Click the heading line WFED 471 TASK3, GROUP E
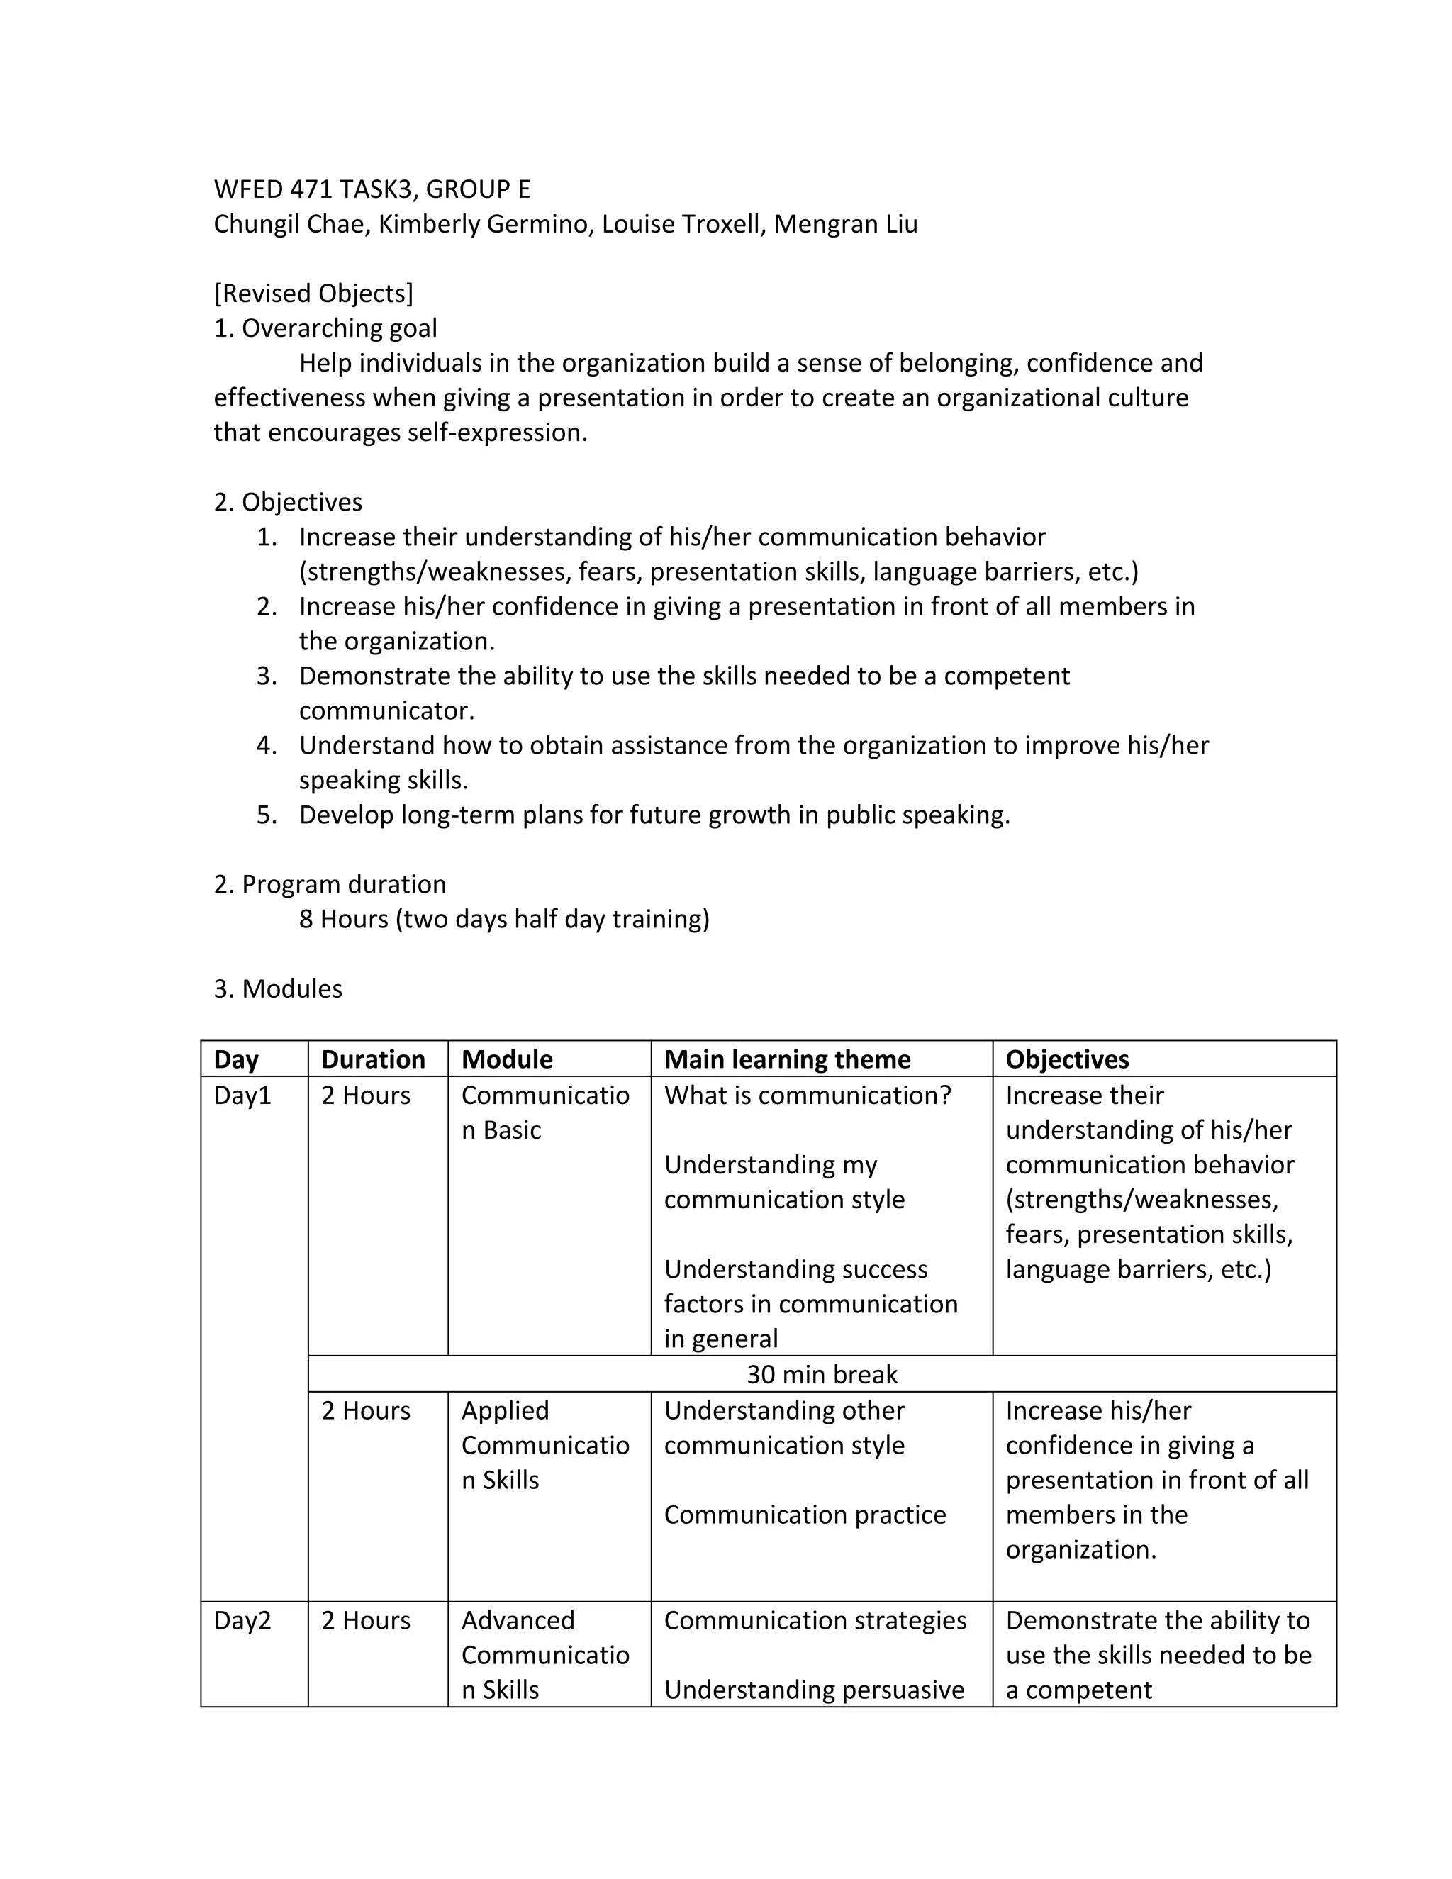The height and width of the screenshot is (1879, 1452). (x=372, y=189)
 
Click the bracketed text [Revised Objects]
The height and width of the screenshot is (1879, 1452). (x=313, y=294)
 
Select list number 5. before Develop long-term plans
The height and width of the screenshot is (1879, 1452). (x=267, y=815)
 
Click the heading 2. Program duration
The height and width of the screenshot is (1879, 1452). (x=330, y=884)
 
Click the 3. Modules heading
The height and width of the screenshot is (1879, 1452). (x=278, y=988)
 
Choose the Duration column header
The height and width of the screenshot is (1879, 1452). (x=374, y=1059)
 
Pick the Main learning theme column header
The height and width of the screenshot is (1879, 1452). (x=787, y=1059)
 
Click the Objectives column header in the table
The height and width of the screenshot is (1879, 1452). (x=1066, y=1059)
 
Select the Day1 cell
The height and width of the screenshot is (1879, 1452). (x=242, y=1095)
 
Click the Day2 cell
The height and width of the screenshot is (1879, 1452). (x=242, y=1620)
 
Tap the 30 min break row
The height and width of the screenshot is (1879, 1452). (x=822, y=1374)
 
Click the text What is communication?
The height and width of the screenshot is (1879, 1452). (x=808, y=1095)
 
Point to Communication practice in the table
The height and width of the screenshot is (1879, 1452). (x=804, y=1515)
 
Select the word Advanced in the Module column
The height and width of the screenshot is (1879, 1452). (x=518, y=1620)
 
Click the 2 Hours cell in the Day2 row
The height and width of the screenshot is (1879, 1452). (x=366, y=1620)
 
